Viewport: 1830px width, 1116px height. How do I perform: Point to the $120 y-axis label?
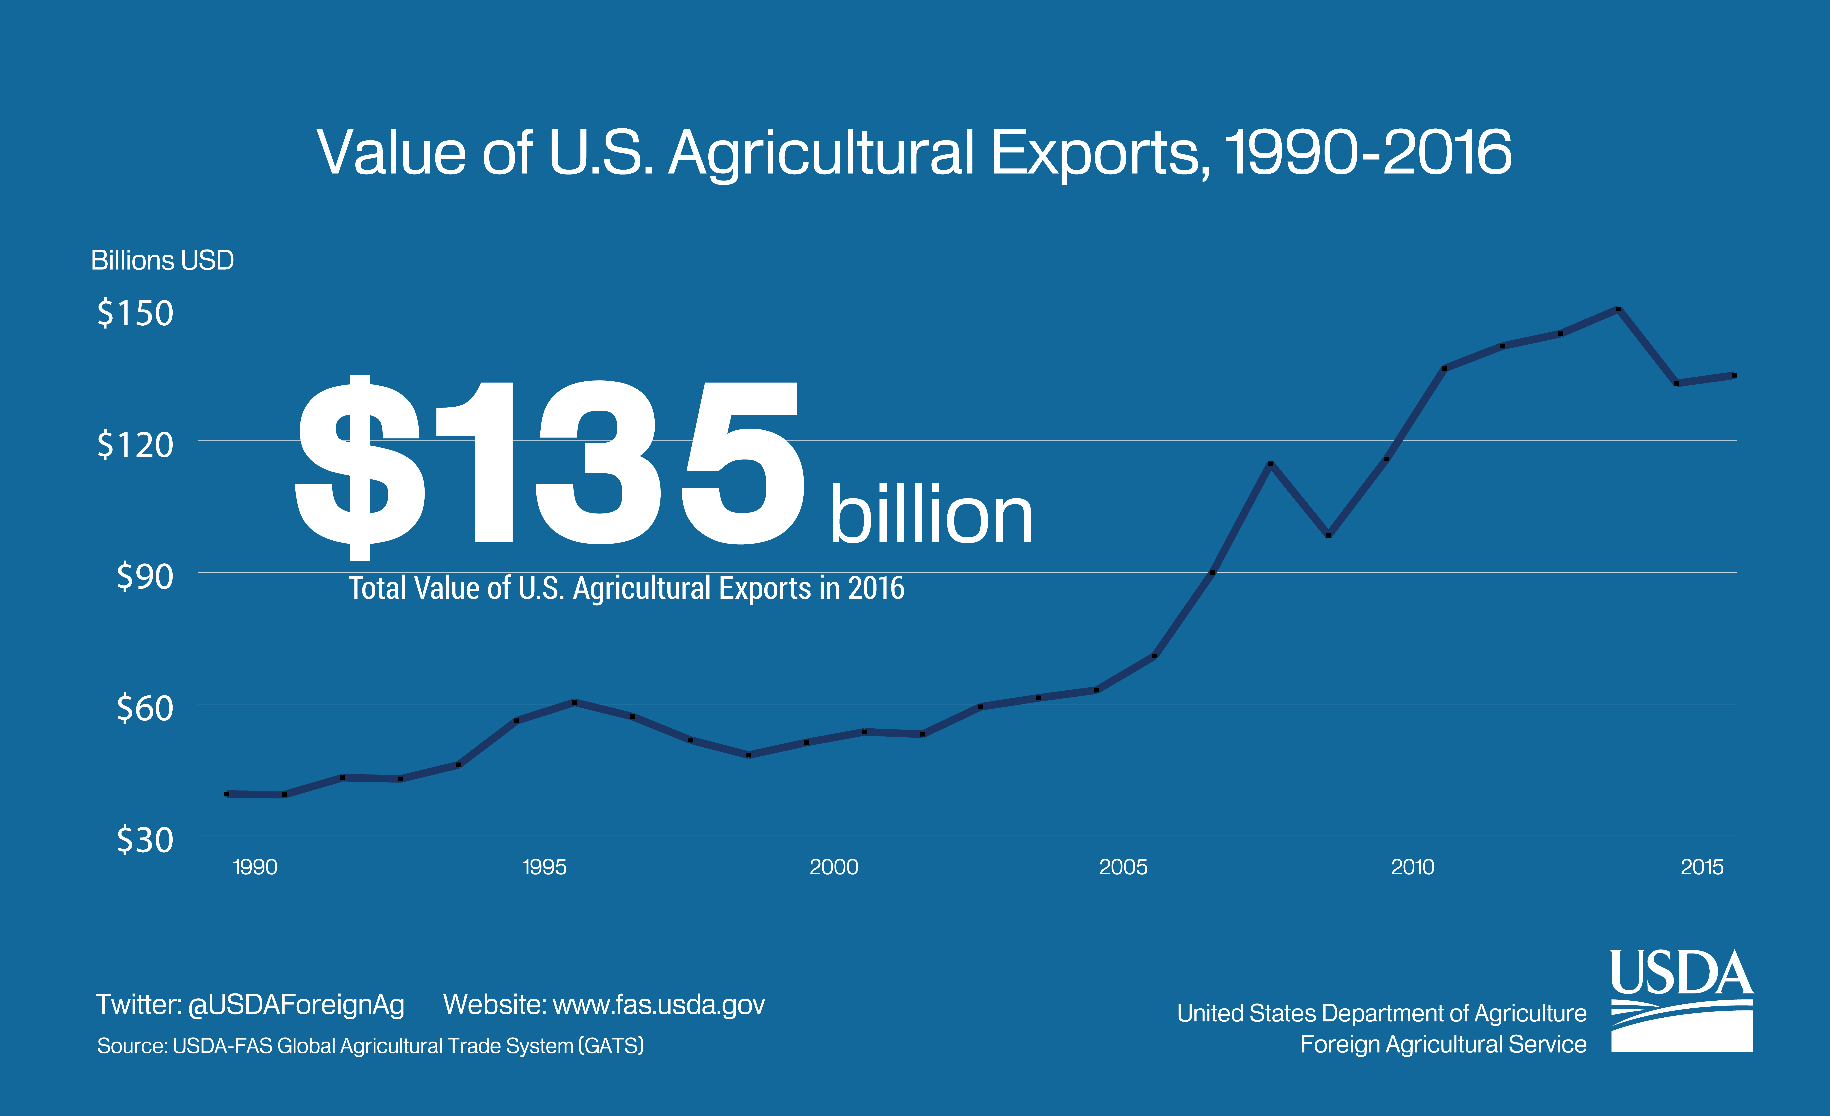[x=135, y=445]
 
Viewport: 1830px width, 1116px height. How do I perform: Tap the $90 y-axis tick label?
[x=145, y=576]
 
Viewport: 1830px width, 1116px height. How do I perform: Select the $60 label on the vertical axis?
[x=145, y=708]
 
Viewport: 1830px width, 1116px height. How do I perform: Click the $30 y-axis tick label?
[x=145, y=840]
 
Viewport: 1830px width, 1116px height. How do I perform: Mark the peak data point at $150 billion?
[x=1618, y=309]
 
